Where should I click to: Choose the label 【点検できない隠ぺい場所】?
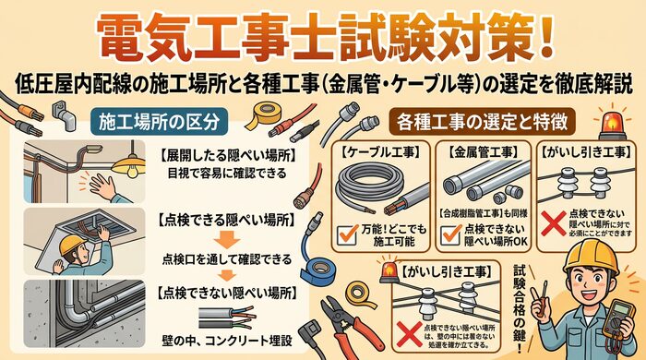[x=226, y=293]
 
